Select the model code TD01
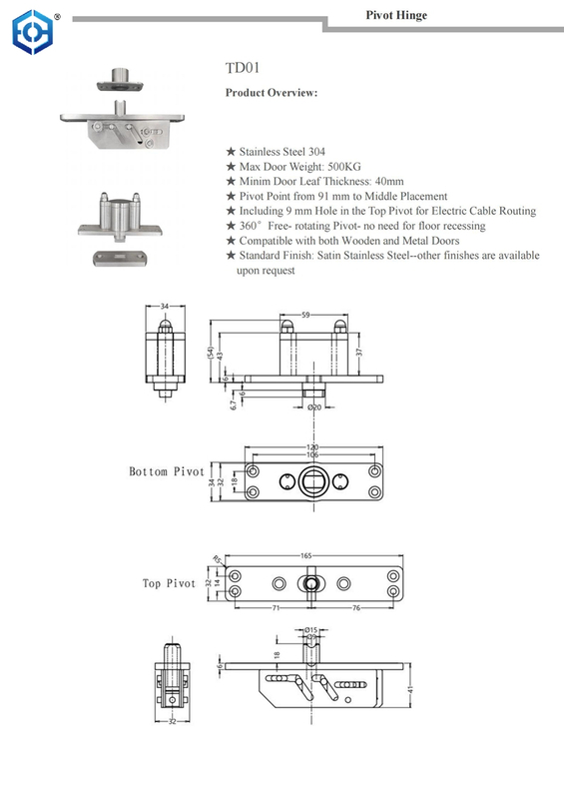[x=244, y=69]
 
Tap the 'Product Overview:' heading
[x=272, y=93]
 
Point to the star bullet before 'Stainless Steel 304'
[x=231, y=152]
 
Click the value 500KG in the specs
[x=353, y=167]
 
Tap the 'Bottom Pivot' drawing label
[x=166, y=471]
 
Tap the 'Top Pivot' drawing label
[x=169, y=583]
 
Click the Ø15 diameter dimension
[x=310, y=629]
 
